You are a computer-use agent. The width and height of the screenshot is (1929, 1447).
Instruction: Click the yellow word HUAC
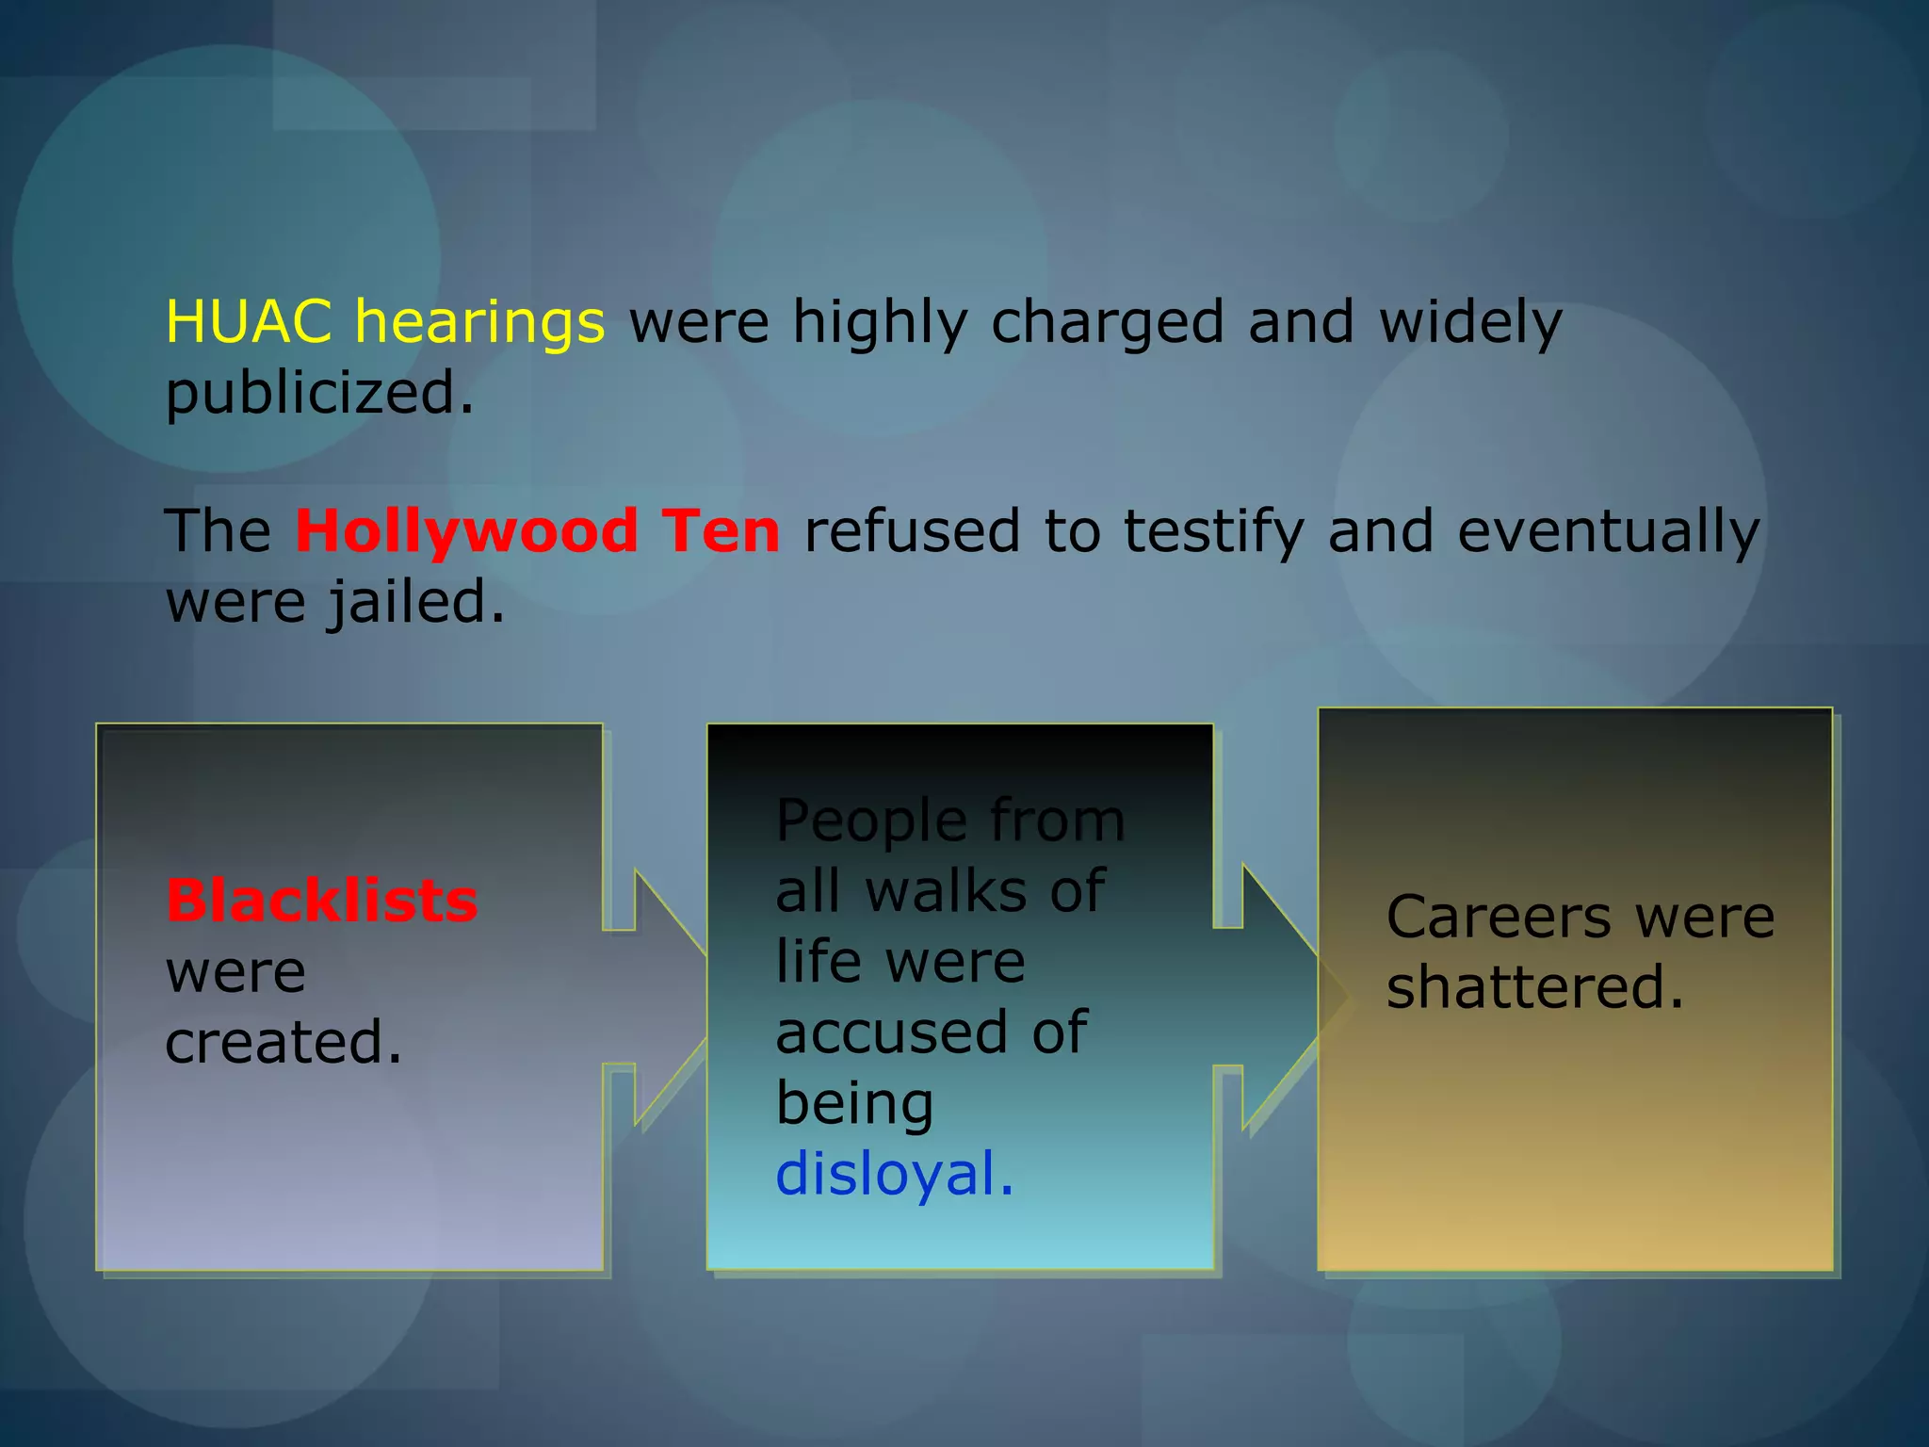point(249,322)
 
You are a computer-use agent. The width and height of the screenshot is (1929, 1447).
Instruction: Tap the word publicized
point(319,394)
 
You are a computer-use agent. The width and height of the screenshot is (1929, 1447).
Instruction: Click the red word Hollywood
point(465,531)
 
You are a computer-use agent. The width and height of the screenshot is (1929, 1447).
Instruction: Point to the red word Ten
point(721,530)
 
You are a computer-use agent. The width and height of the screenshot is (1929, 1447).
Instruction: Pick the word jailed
point(415,603)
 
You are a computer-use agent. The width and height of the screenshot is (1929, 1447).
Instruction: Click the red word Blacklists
point(322,901)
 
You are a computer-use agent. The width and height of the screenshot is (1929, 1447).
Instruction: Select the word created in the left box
point(284,1042)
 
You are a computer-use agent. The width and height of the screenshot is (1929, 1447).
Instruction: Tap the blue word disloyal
point(894,1174)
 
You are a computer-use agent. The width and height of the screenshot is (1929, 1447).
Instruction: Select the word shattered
point(1534,987)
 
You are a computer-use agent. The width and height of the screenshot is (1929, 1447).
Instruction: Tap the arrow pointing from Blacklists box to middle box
point(659,997)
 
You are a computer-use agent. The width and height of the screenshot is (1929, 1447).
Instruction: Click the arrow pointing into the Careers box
point(1272,997)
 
